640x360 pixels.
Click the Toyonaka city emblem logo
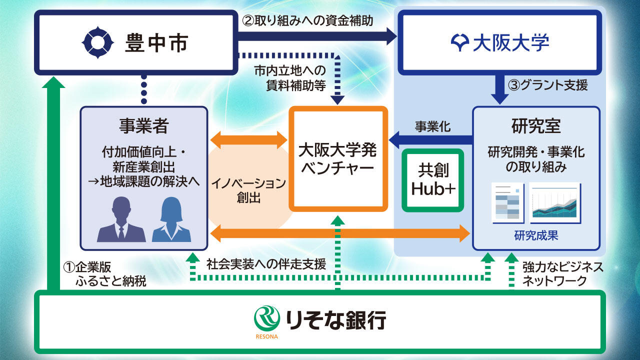pyautogui.click(x=98, y=43)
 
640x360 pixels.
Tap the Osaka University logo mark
pyautogui.click(x=460, y=43)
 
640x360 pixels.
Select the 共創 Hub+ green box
pyautogui.click(x=433, y=180)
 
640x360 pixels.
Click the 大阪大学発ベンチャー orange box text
pyautogui.click(x=338, y=158)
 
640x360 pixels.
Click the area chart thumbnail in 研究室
pyautogui.click(x=555, y=202)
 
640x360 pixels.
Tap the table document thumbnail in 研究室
pyautogui.click(x=507, y=202)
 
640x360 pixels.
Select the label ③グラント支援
pyautogui.click(x=548, y=85)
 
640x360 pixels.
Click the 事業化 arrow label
pyautogui.click(x=432, y=126)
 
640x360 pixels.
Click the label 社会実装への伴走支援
pyautogui.click(x=266, y=263)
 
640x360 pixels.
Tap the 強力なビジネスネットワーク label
pyautogui.click(x=562, y=273)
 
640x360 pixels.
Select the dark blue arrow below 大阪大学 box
pyautogui.click(x=499, y=88)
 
